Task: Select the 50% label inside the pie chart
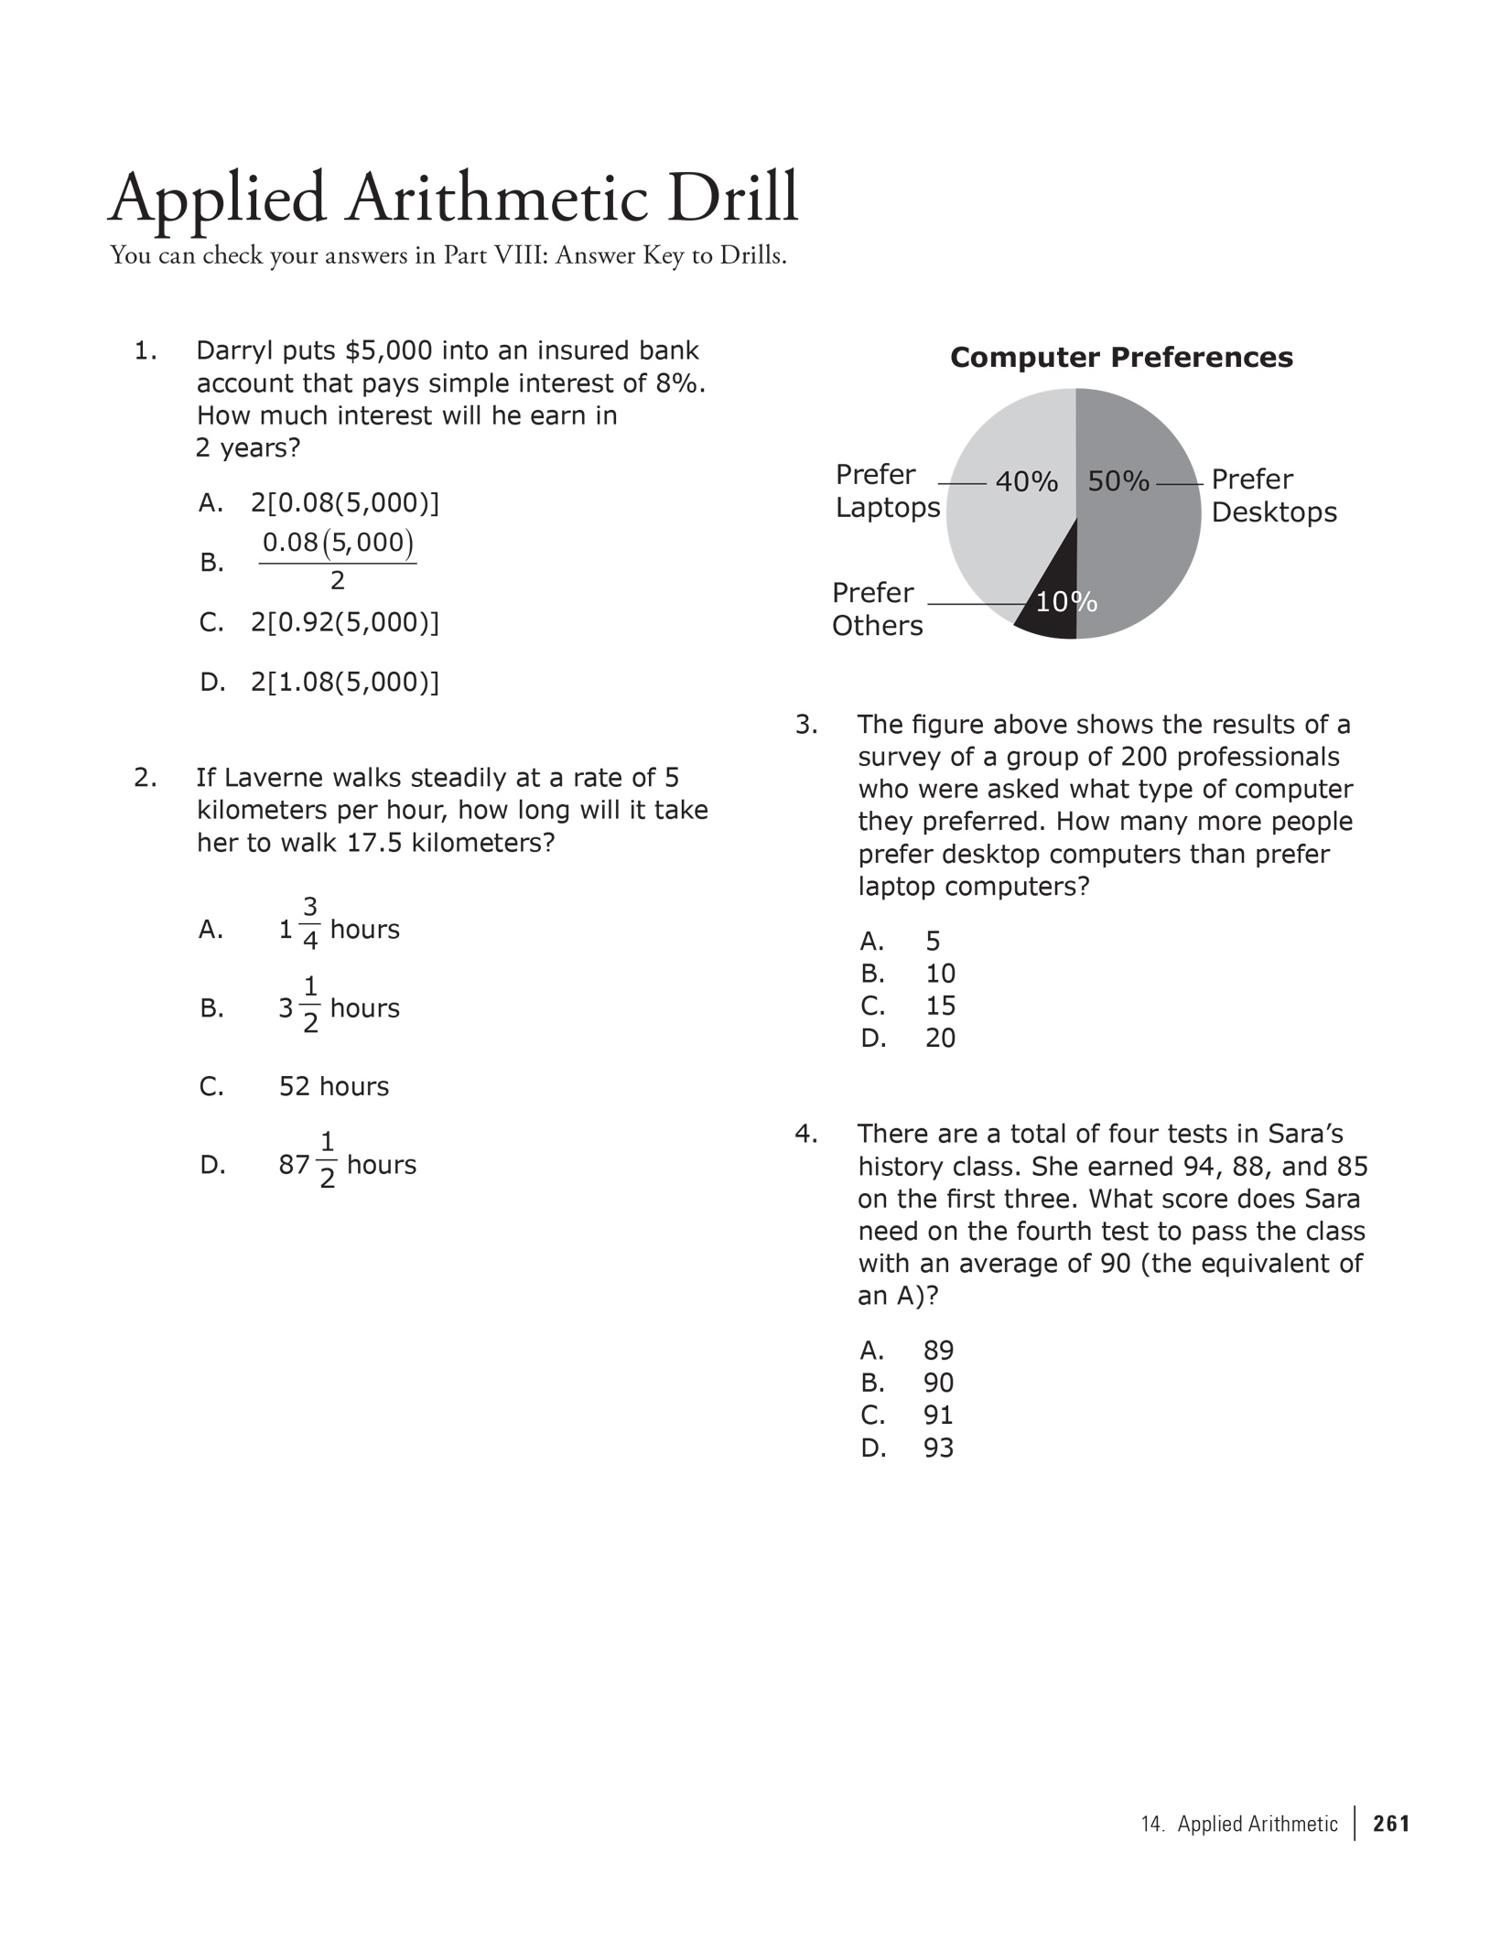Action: coord(1118,480)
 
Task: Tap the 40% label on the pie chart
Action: coord(1026,481)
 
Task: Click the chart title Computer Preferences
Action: coord(1121,358)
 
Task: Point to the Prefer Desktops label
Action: coord(1273,496)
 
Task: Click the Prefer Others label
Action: coord(877,609)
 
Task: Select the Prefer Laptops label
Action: coord(887,491)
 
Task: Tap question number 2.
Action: coord(145,778)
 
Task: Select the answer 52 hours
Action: coord(333,1087)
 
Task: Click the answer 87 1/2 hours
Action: coord(347,1165)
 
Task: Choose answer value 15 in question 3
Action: coord(940,1007)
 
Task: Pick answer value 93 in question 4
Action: coord(938,1448)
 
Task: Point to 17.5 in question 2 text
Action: coord(375,843)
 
